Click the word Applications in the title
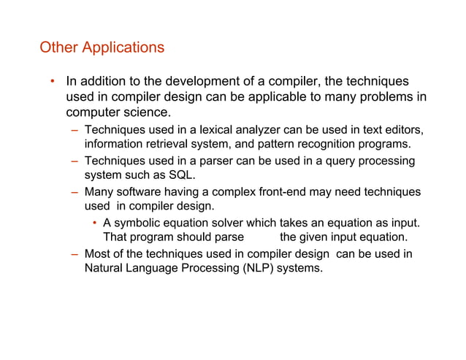[123, 48]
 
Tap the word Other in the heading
[58, 48]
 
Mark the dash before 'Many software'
[75, 192]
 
